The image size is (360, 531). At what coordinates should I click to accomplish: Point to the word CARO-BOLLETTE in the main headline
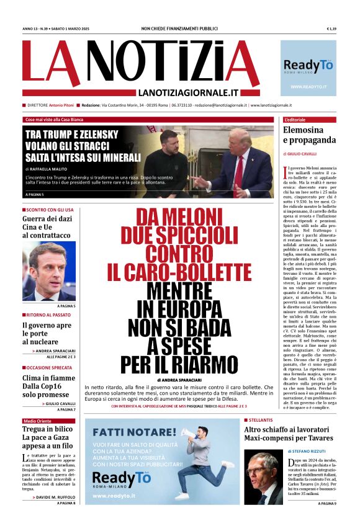coord(179,272)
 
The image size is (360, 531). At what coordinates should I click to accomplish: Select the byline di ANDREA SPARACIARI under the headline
coord(179,379)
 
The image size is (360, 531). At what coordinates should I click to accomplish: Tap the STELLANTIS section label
coord(263,421)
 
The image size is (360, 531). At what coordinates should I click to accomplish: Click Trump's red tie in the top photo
coord(238,174)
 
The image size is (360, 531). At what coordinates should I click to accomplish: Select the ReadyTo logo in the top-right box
coord(308,66)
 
